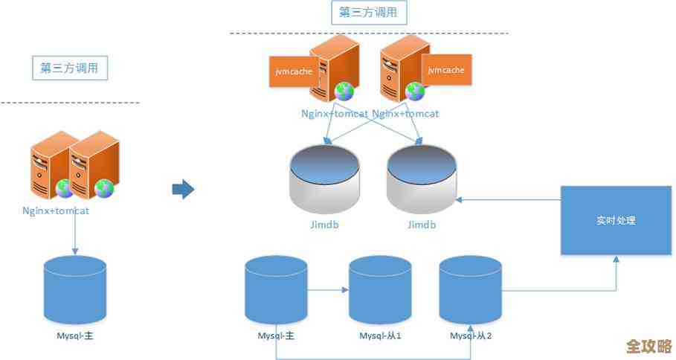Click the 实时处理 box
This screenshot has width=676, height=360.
(x=616, y=220)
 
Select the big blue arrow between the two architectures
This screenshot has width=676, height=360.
(x=183, y=190)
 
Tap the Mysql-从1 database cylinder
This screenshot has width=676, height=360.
(x=380, y=289)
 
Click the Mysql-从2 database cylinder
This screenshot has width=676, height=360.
(x=470, y=289)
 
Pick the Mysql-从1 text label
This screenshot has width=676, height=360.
(x=380, y=336)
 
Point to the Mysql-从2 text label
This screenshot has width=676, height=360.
(x=471, y=336)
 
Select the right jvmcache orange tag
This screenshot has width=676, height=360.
(x=446, y=70)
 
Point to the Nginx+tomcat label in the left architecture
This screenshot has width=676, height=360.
(x=56, y=210)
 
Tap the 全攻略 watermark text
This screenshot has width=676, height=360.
(x=648, y=346)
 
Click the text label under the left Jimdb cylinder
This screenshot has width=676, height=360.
(x=325, y=225)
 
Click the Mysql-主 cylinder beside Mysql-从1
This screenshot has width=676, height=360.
(x=276, y=289)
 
